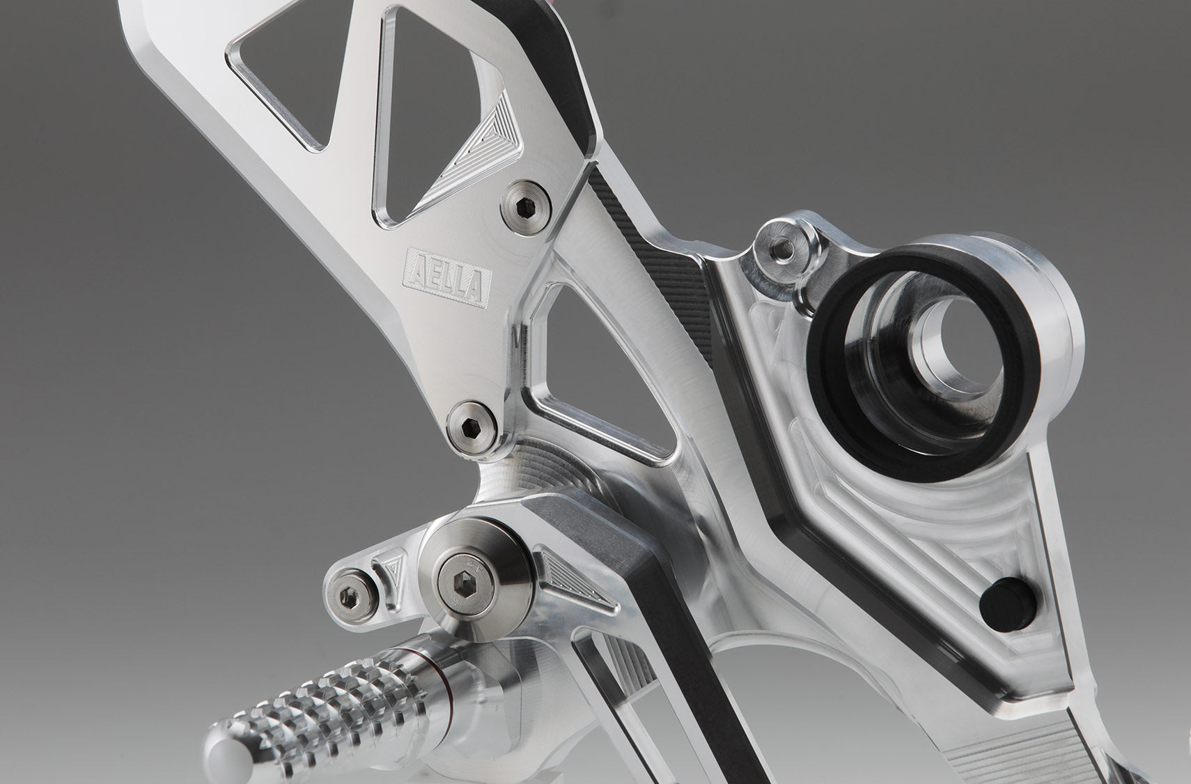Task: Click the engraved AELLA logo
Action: (x=448, y=277)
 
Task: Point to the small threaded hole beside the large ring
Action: (x=784, y=247)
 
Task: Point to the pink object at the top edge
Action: (x=555, y=3)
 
